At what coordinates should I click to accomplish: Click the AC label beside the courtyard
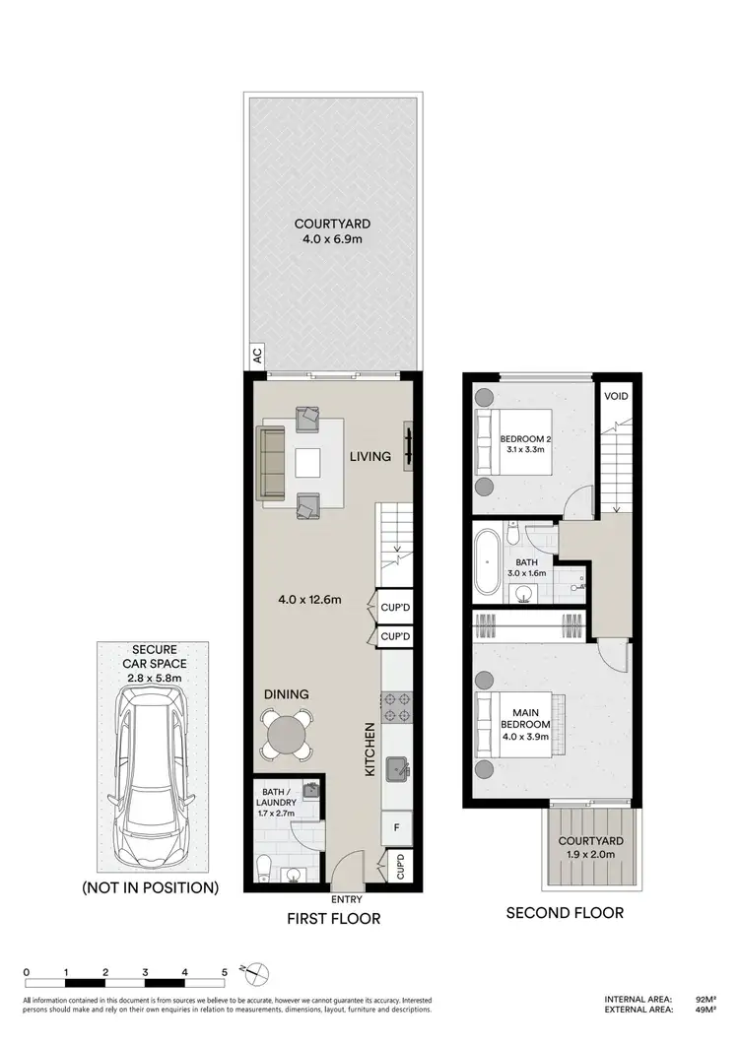click(x=257, y=356)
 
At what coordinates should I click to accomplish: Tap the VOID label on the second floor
click(x=617, y=397)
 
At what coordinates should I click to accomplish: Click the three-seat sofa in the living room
click(x=272, y=462)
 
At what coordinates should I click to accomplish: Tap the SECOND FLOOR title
click(x=565, y=913)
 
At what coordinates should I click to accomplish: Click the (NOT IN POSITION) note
click(x=150, y=887)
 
